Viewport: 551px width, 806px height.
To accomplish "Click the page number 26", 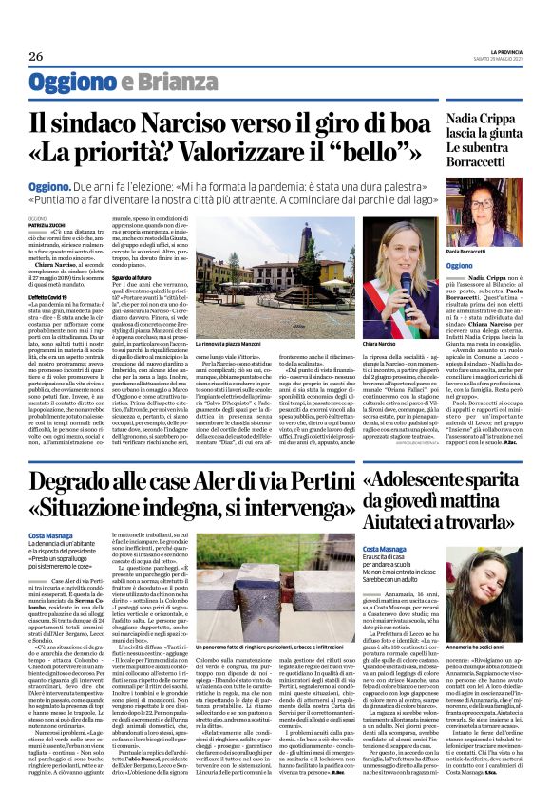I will click(x=35, y=57).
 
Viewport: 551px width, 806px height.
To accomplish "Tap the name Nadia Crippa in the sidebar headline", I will click(x=484, y=122).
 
